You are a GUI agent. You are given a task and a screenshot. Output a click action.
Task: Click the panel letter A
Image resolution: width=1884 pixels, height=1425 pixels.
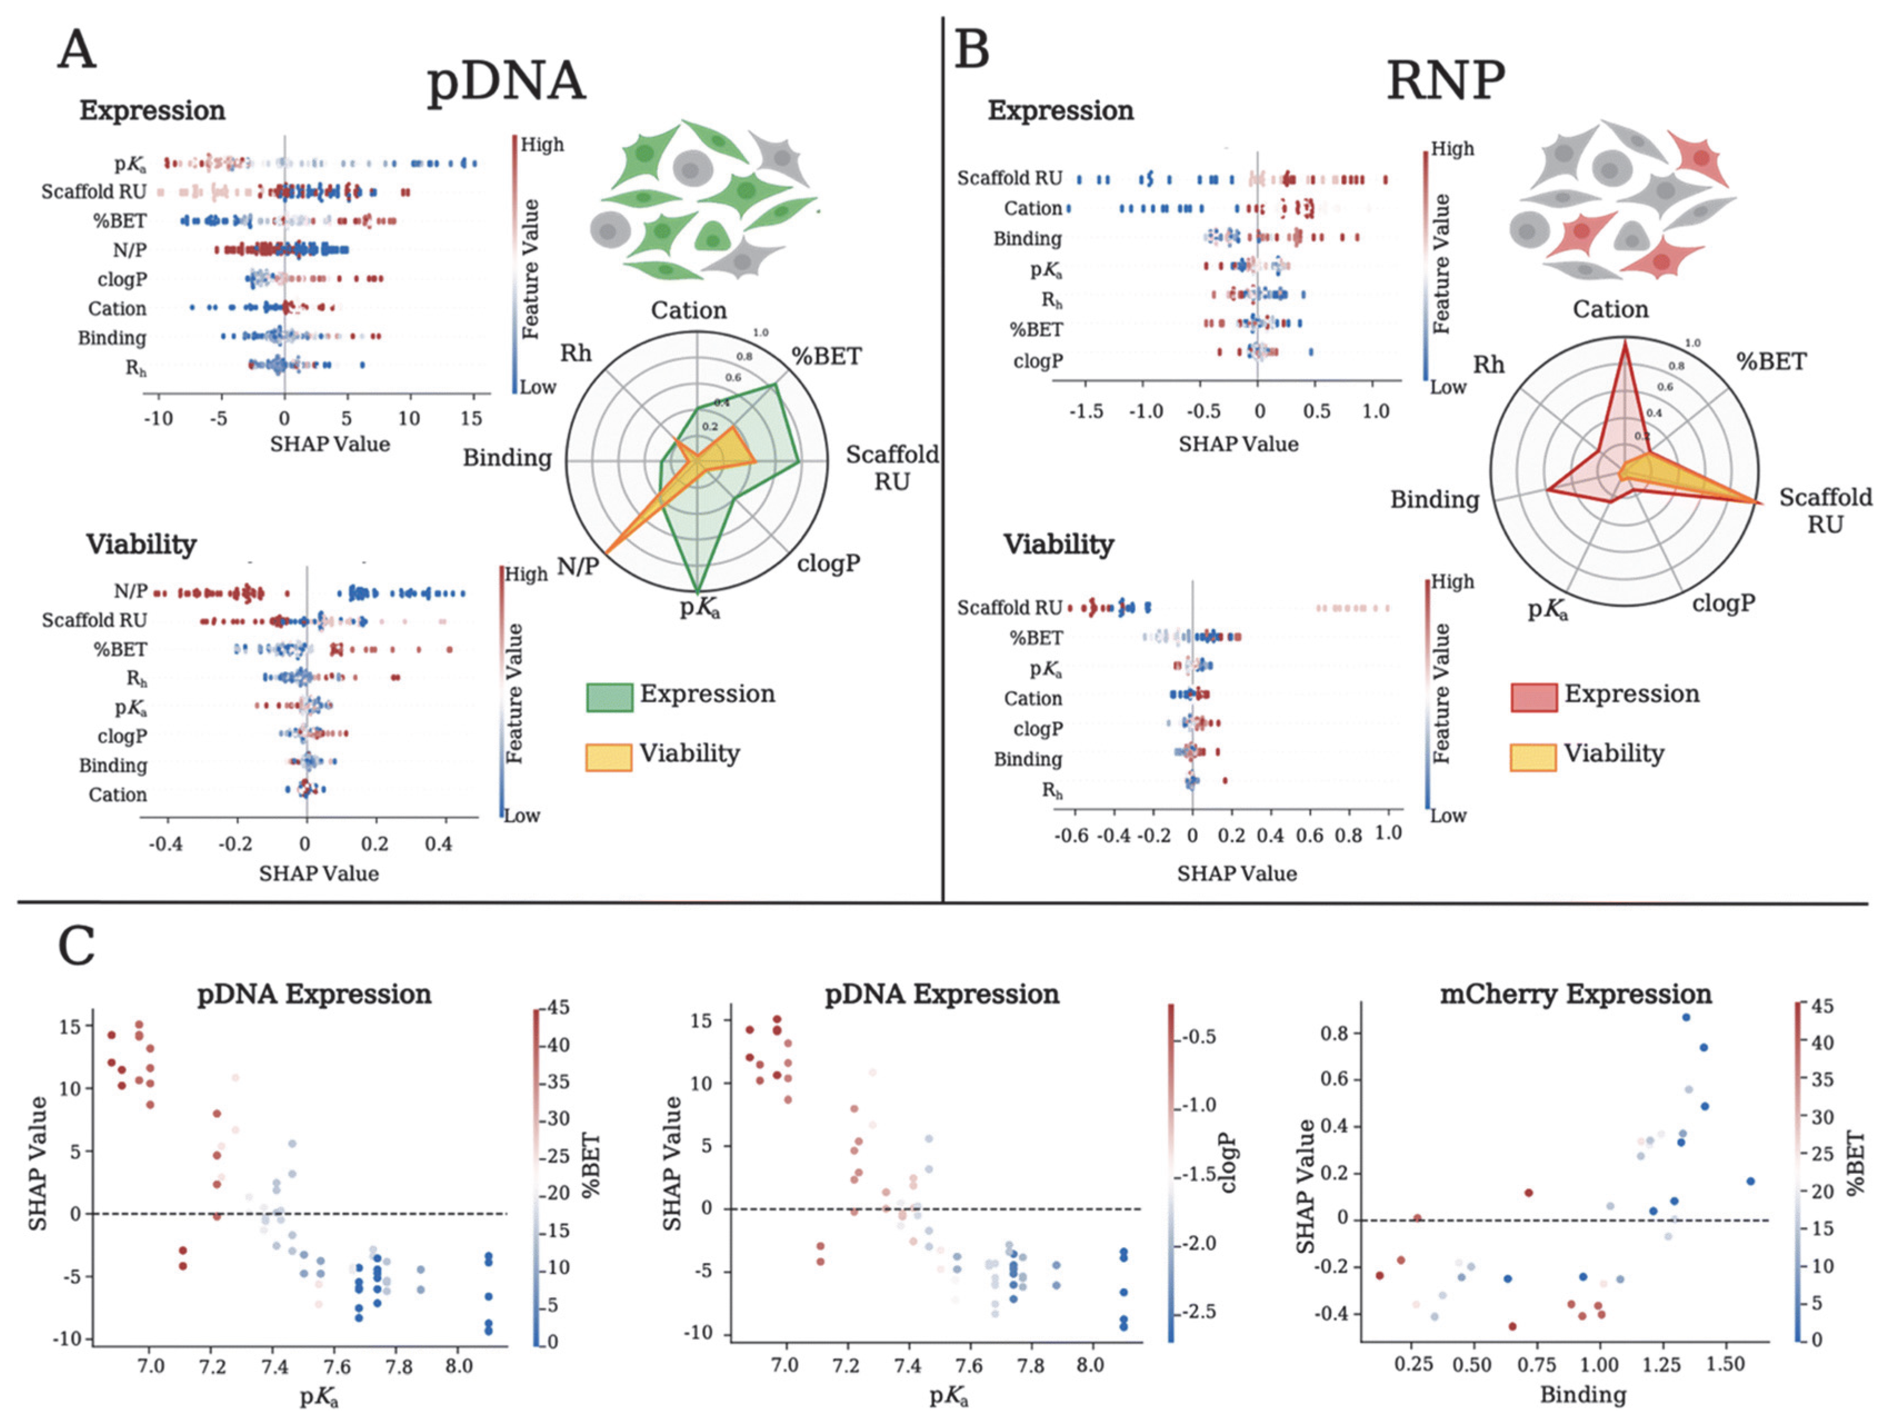[x=77, y=49]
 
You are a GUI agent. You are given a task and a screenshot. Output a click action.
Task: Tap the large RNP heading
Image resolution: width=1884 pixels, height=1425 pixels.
[x=1446, y=82]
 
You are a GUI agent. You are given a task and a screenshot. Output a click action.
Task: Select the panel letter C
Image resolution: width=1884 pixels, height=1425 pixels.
[x=77, y=946]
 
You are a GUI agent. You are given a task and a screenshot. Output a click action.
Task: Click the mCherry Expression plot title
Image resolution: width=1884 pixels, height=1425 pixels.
[x=1575, y=994]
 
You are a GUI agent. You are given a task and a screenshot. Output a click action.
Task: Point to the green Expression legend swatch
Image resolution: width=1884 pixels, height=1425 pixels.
[x=609, y=697]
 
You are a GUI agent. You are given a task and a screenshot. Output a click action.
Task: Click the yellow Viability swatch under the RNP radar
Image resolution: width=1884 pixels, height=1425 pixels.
[x=1533, y=756]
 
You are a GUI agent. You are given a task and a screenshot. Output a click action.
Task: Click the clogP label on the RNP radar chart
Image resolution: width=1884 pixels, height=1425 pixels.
[x=1723, y=603]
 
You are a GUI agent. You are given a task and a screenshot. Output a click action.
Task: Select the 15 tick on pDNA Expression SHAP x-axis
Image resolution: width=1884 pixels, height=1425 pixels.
[x=471, y=418]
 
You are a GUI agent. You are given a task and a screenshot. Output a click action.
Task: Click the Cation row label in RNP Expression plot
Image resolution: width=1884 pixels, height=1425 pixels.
[x=1032, y=209]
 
